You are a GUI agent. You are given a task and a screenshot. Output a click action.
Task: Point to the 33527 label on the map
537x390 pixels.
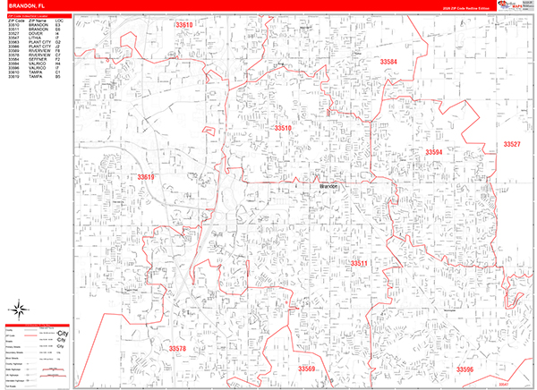coord(511,144)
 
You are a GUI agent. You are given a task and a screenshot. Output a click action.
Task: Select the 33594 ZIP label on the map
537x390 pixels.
coord(433,153)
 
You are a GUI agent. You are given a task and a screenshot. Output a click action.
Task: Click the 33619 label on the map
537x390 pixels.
coord(146,177)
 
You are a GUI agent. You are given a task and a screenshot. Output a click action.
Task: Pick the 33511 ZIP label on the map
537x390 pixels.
coord(359,263)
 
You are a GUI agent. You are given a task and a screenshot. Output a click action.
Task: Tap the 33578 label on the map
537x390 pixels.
coord(177,348)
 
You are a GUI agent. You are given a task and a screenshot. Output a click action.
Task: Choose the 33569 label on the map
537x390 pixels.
coord(307,369)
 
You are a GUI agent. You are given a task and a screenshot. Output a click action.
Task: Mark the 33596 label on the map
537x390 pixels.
coord(465,369)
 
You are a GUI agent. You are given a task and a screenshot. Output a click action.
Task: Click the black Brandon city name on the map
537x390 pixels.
coord(328,186)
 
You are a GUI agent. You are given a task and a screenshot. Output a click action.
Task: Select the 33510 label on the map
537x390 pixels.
coord(283,129)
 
